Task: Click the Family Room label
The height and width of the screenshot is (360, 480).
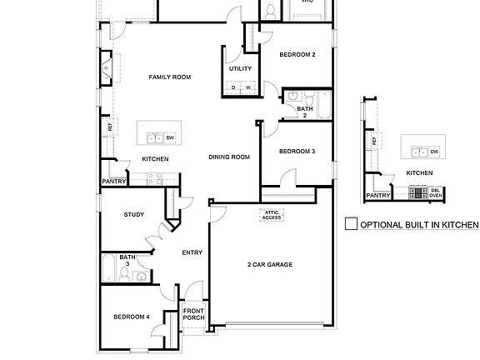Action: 170,77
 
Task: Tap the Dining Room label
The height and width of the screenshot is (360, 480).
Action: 229,157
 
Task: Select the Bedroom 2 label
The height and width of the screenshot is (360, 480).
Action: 297,55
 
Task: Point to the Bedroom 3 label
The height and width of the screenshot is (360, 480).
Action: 297,151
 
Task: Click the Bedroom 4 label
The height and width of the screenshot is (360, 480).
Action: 132,317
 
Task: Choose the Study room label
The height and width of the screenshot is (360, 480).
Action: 134,215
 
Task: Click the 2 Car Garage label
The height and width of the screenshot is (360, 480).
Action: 269,264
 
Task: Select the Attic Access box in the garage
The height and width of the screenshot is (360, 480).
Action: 272,216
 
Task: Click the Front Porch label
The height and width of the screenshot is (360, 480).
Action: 194,315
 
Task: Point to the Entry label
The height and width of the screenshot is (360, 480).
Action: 192,252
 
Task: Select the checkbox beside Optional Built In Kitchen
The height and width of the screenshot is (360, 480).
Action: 351,223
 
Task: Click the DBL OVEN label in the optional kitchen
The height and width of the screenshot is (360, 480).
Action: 435,192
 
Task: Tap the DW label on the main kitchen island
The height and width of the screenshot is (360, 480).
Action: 170,137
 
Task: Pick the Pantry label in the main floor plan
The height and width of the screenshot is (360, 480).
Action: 113,181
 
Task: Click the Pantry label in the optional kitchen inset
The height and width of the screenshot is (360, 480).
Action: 378,196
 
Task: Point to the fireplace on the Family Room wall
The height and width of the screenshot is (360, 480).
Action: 107,69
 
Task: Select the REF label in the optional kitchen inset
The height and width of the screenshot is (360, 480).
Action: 374,141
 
